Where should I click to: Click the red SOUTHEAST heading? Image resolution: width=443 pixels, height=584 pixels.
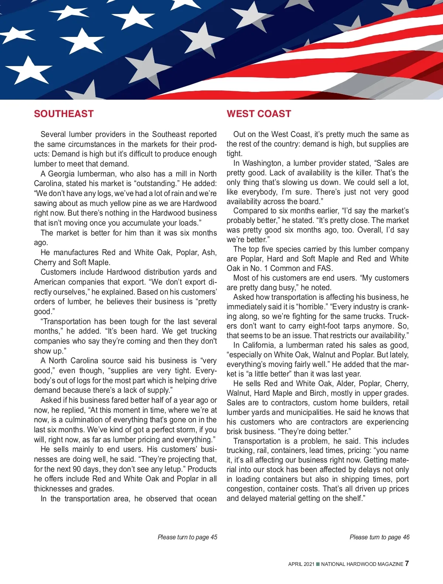point(63,114)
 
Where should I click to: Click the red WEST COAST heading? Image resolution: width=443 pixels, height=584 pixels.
point(259,114)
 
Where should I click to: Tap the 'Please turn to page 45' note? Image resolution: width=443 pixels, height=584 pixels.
point(187,537)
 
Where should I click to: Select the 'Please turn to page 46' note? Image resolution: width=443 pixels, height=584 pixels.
point(380,537)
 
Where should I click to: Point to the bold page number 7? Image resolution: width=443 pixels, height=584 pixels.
point(407,563)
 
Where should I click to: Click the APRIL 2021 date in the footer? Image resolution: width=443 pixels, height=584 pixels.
point(301,564)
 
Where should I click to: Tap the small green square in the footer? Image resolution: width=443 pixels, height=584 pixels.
point(318,564)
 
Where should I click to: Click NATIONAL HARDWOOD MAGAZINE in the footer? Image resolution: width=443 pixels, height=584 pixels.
point(362,564)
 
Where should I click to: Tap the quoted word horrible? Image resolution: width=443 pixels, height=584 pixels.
point(311,307)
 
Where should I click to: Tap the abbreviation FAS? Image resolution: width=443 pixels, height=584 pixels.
point(324,268)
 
